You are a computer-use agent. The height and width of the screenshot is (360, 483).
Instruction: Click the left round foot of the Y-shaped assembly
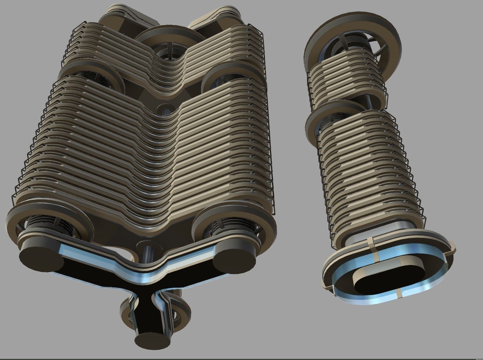[38, 257]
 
